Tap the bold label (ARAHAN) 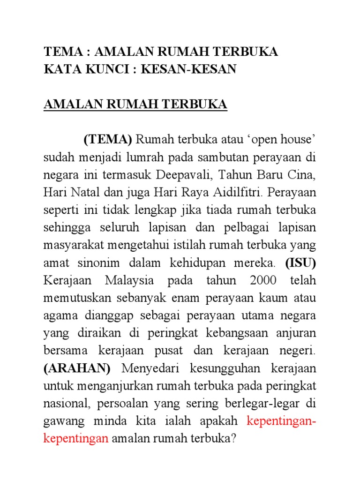point(77,369)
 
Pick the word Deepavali point(180,175)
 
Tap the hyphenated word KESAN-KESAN point(195,69)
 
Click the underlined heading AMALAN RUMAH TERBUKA point(135,105)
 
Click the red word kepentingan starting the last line point(76,439)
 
